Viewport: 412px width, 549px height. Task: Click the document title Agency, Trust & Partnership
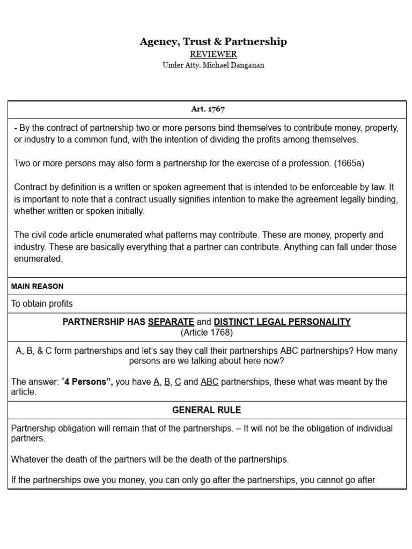pyautogui.click(x=213, y=42)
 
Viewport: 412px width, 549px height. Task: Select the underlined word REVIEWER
pyautogui.click(x=213, y=54)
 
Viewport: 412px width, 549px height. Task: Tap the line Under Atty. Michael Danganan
pyautogui.click(x=213, y=65)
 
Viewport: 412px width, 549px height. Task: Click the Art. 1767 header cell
pyautogui.click(x=208, y=109)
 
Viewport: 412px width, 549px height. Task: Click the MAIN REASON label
pyautogui.click(x=37, y=286)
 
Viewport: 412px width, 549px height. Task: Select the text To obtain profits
pyautogui.click(x=42, y=303)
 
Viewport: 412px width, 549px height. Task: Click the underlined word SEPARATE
pyautogui.click(x=171, y=322)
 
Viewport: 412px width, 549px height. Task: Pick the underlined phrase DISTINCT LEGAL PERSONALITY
pyautogui.click(x=282, y=322)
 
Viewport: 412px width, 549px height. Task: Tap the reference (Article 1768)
pyautogui.click(x=207, y=332)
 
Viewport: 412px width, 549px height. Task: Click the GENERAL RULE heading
pyautogui.click(x=207, y=410)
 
